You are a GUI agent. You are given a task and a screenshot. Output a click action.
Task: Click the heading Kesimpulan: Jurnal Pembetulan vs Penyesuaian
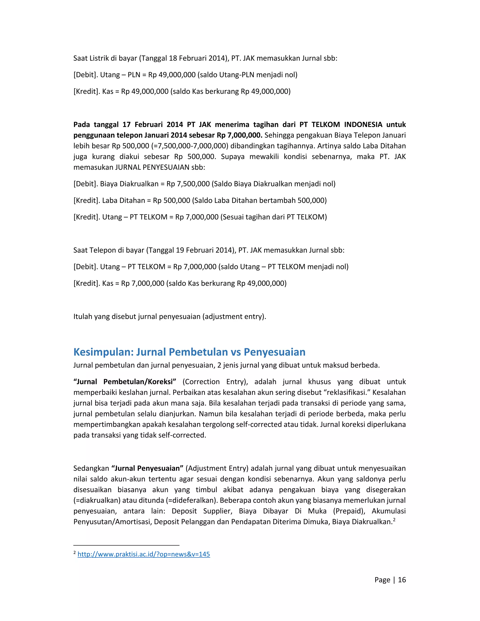pyautogui.click(x=189, y=352)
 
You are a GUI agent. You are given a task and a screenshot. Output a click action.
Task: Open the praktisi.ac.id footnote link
pyautogui.click(x=144, y=554)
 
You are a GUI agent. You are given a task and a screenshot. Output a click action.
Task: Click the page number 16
pyautogui.click(x=402, y=580)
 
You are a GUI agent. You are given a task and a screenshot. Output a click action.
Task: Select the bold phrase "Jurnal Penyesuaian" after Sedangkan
pyautogui.click(x=147, y=468)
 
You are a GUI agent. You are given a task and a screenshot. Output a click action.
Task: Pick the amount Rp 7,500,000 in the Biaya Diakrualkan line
pyautogui.click(x=188, y=184)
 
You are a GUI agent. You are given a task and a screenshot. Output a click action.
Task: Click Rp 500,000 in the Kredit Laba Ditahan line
pyautogui.click(x=172, y=200)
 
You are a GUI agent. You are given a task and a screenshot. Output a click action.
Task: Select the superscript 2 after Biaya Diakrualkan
pyautogui.click(x=394, y=520)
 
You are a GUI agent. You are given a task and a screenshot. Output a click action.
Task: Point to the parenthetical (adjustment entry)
pyautogui.click(x=234, y=316)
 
